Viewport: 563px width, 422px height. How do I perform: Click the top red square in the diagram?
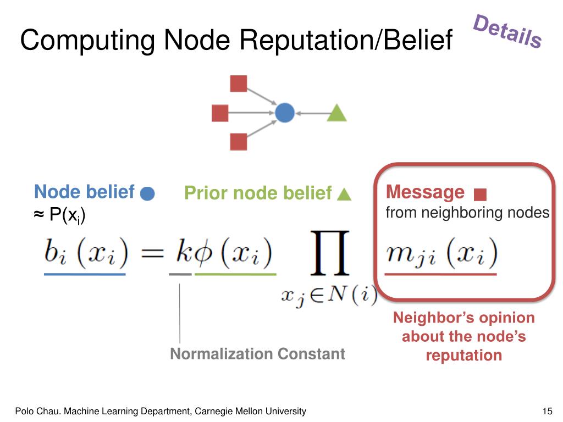click(x=238, y=84)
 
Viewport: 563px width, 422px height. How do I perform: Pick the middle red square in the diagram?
click(x=220, y=113)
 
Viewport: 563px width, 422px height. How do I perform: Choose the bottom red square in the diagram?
click(x=238, y=142)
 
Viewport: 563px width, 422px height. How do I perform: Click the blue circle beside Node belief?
click(x=147, y=194)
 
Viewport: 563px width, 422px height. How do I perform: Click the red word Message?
click(x=425, y=192)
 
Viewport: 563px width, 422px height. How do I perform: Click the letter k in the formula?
click(x=181, y=253)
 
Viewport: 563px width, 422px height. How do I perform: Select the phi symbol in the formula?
click(x=200, y=254)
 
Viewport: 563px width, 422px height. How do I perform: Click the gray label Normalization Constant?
click(x=257, y=354)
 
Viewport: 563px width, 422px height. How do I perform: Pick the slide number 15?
click(x=547, y=411)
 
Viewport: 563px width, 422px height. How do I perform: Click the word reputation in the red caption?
click(x=463, y=355)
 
